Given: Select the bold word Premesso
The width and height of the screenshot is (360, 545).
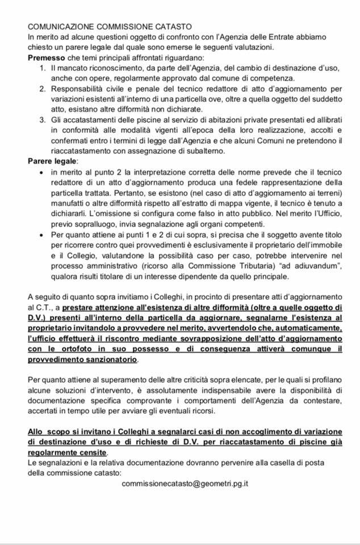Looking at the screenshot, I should pyautogui.click(x=47, y=57).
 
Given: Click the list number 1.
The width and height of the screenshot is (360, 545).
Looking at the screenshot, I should pyautogui.click(x=43, y=68).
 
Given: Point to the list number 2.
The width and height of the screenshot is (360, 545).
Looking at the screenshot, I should pyautogui.click(x=43, y=89).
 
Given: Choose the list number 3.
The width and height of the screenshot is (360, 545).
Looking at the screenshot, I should pyautogui.click(x=43, y=120).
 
